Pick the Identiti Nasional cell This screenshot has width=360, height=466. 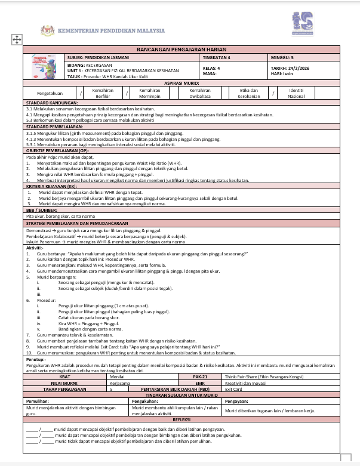(296, 93)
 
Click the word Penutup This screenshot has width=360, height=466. (35, 360)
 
